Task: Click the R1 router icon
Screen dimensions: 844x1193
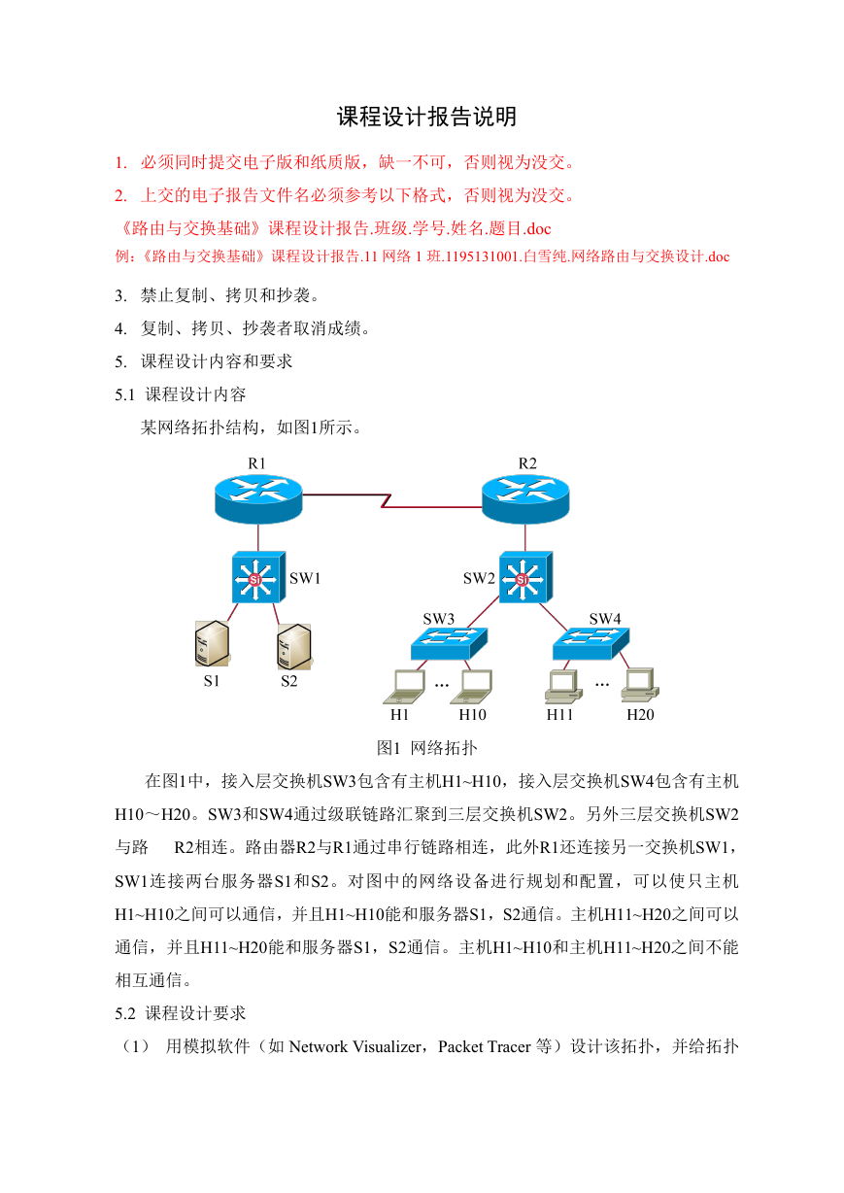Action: pos(258,499)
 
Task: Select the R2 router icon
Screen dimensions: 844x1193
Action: pos(525,499)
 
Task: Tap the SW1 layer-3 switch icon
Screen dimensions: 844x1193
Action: pos(258,577)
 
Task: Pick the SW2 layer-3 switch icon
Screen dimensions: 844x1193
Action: pos(525,577)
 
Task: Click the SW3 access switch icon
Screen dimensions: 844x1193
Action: pos(449,643)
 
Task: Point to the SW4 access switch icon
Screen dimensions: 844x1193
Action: pos(591,643)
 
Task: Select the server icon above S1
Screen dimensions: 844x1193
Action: pos(212,643)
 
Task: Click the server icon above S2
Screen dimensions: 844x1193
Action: pos(294,647)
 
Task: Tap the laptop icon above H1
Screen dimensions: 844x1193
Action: pos(404,687)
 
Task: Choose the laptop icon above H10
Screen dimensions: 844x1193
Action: pos(471,687)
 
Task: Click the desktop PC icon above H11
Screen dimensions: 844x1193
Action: pos(563,686)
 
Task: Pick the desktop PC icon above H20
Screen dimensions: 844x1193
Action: pos(640,685)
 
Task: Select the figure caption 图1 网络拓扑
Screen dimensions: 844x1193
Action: pos(426,748)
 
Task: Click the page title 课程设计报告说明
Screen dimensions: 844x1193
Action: pos(426,117)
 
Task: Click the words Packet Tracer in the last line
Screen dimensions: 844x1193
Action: pos(485,1046)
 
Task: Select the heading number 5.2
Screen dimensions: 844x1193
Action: pos(125,1013)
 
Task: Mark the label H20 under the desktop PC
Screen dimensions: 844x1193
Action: pos(640,715)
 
